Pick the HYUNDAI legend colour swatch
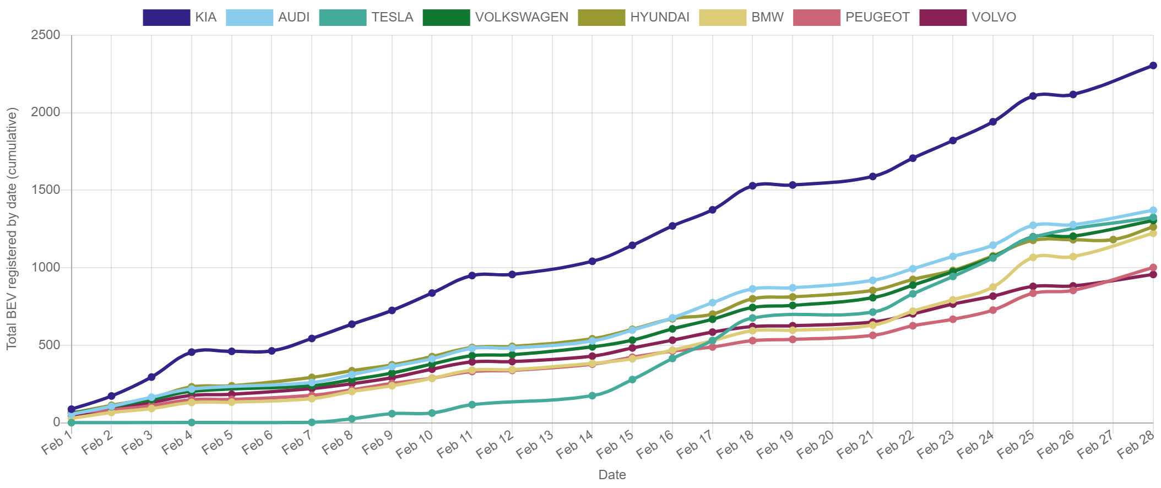(601, 18)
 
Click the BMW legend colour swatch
(723, 18)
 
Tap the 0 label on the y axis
(56, 422)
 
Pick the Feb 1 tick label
(57, 443)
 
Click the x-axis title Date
(612, 475)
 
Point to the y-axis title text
(12, 228)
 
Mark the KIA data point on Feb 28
(1153, 66)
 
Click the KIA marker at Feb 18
(752, 186)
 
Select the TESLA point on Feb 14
(592, 395)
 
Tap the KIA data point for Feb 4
(192, 351)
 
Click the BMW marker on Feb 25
(1033, 257)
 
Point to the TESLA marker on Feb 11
(472, 404)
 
